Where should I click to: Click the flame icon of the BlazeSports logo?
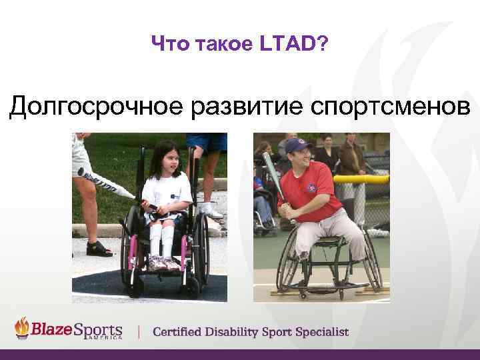23,328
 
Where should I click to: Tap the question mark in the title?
323,45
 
